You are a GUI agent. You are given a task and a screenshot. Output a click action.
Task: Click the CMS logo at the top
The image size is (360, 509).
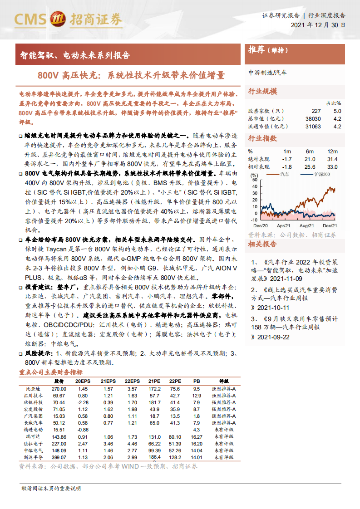pyautogui.click(x=68, y=19)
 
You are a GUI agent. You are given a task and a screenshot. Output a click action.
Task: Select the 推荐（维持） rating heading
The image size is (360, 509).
pyautogui.click(x=268, y=50)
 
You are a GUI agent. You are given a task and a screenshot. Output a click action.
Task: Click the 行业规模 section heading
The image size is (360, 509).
pyautogui.click(x=262, y=91)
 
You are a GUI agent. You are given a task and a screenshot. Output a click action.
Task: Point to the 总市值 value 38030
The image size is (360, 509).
pyautogui.click(x=313, y=119)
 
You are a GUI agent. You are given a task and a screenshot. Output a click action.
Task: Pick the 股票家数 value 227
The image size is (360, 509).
pyautogui.click(x=316, y=111)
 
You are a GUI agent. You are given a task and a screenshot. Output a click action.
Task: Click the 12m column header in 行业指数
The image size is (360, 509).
pyautogui.click(x=332, y=151)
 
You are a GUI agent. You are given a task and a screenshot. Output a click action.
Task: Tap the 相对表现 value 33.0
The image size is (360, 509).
pyautogui.click(x=332, y=167)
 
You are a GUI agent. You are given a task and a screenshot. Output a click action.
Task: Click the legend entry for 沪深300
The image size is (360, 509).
pyautogui.click(x=320, y=174)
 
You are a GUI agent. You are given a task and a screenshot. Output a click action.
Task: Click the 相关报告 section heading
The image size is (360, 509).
pyautogui.click(x=262, y=245)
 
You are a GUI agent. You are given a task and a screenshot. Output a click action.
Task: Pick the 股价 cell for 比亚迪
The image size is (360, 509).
pyautogui.click(x=59, y=389)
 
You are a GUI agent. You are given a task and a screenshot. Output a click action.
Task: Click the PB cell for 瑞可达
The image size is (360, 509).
pyautogui.click(x=196, y=436)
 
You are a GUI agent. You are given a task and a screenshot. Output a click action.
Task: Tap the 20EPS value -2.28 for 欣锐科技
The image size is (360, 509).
pyautogui.click(x=82, y=402)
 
